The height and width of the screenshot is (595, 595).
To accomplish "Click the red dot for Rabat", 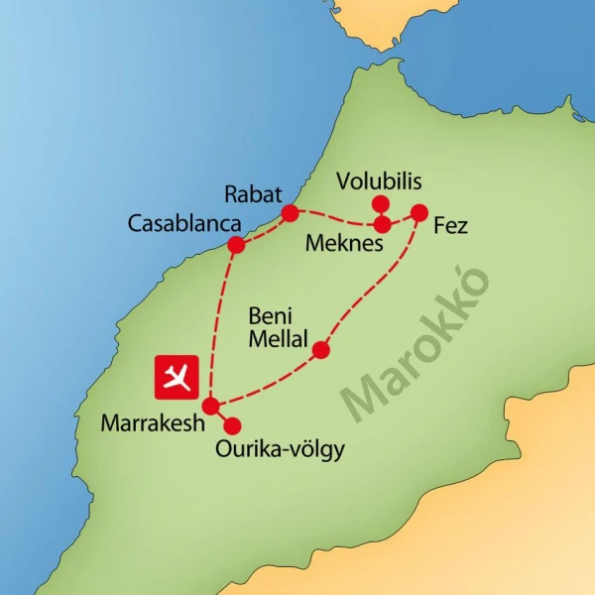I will coord(291,213).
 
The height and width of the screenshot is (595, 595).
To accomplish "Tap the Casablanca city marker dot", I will coord(236,245).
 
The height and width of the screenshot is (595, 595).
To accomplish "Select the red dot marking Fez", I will coord(418,212).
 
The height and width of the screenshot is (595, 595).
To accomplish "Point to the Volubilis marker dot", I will coord(379,204).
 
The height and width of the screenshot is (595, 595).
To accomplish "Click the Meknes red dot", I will coord(382,225).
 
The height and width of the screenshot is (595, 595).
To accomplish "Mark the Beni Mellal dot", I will coord(320,350).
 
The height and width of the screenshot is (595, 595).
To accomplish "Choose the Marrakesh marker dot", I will coord(210,406).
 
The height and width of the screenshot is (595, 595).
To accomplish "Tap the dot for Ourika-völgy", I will coord(233,426).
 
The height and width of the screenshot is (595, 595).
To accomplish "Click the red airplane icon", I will coord(178,377).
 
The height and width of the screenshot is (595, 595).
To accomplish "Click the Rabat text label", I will coord(254,192).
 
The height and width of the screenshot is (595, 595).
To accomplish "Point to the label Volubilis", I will coord(379,181).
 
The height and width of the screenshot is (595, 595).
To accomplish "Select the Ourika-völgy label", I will coord(280,450).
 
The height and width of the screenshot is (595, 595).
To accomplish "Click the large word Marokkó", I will coord(416,342).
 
